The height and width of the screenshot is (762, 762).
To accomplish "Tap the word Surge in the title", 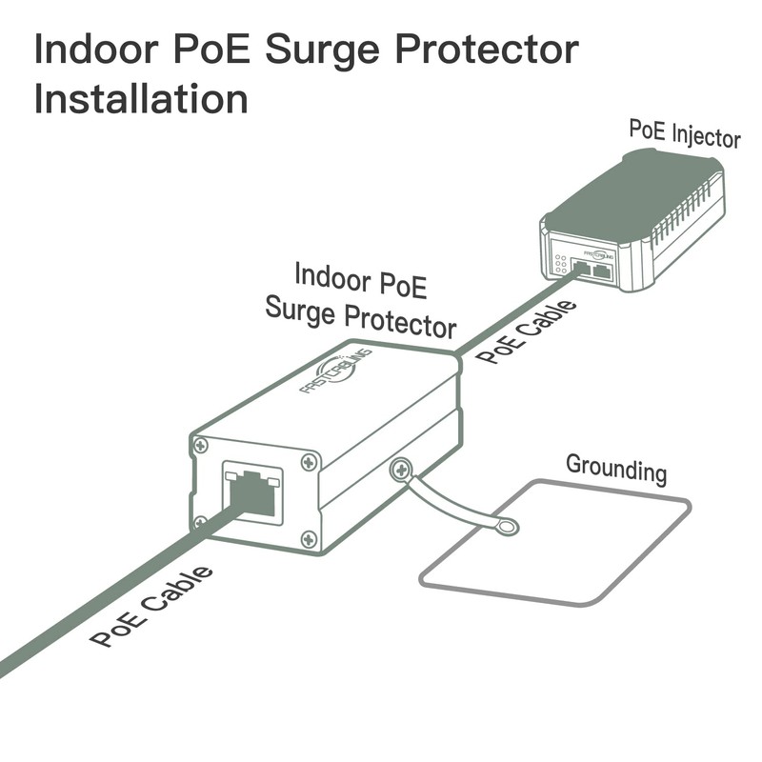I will pos(321,50).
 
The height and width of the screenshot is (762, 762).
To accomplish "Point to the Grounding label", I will pos(616,469).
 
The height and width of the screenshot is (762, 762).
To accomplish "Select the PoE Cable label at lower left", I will pos(151,606).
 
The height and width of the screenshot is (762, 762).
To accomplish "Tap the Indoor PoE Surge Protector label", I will pos(360,297).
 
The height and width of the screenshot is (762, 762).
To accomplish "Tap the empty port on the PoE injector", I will pos(602,271).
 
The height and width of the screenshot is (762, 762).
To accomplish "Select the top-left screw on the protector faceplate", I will pos(200,445).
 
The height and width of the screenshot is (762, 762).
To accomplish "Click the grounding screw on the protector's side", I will pos(401,468).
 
